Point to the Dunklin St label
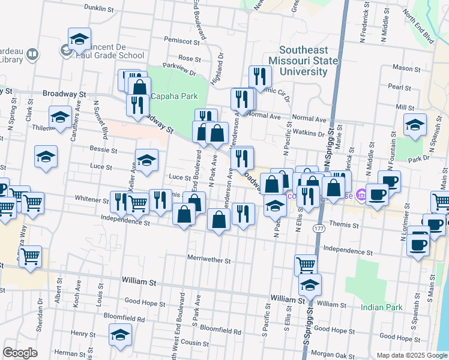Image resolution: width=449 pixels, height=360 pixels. (x=99, y=10)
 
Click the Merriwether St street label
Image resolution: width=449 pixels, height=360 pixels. (x=209, y=260)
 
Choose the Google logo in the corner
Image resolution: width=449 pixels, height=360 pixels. (x=20, y=353)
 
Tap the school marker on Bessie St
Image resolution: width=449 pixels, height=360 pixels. (x=46, y=157)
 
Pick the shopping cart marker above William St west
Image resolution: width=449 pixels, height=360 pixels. (x=31, y=257)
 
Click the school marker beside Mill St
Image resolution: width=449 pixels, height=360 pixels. (x=415, y=125)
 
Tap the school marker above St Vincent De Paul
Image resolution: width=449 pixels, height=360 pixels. (x=79, y=39)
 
